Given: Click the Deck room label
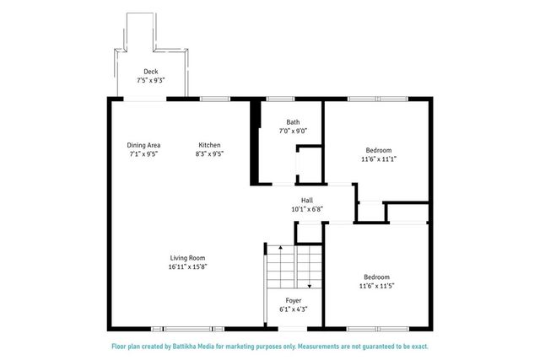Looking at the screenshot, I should pos(151,72).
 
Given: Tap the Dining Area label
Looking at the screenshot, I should pos(143,145).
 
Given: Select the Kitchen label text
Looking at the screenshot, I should pos(209,145).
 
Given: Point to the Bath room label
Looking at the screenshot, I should pos(293,121).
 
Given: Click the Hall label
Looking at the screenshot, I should pos(307,200).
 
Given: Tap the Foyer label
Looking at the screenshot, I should pos(293,300).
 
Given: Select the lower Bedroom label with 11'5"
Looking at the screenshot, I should pos(376,277).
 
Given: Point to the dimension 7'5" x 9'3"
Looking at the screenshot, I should pos(151,81).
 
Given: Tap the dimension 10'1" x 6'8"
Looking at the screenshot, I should pos(307,209).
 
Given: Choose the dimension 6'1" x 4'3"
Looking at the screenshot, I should pos(293,309).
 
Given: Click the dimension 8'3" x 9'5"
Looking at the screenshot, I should pos(209,154).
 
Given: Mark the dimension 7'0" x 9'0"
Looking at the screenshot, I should pos(293,131).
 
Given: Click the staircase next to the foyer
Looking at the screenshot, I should pos(294,266).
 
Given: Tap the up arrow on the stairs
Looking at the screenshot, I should pos(279,250).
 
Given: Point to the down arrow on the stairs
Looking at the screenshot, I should pos(310,283).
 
